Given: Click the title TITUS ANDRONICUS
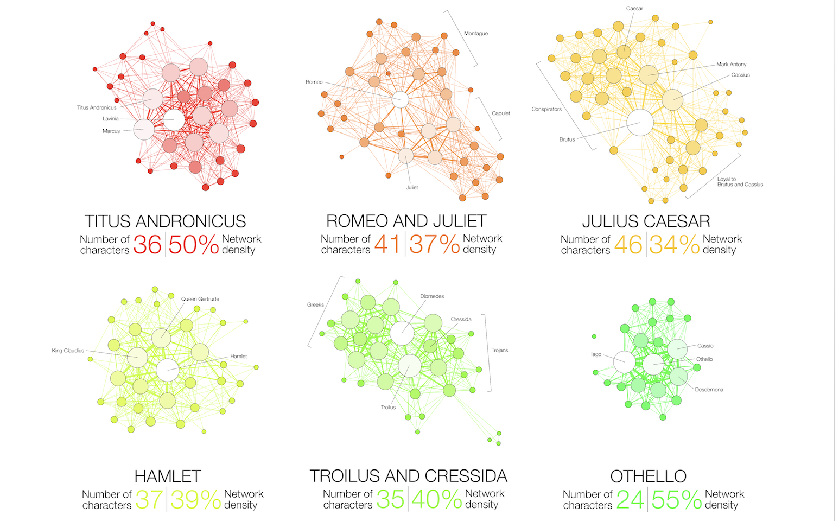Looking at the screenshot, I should [165, 221].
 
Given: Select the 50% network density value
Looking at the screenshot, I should [193, 245].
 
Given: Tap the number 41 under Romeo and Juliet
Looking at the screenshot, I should [387, 244].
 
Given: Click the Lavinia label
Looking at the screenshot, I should [111, 119].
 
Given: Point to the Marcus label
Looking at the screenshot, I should [111, 131].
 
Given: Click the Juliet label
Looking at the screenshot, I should [412, 188].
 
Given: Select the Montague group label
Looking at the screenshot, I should [476, 34].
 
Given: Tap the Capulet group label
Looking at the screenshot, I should [501, 113].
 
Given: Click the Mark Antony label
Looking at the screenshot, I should [731, 65].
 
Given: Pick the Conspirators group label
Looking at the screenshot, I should [546, 110].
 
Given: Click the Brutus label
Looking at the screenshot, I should [567, 140].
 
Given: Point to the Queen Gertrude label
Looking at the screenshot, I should [200, 299].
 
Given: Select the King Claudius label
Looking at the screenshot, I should [68, 351].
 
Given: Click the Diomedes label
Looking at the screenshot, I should [432, 296].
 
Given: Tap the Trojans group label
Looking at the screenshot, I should [500, 350].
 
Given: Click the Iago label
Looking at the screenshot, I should [596, 354].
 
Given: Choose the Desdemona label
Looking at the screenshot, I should [709, 390].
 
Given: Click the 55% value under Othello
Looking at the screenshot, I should [676, 500].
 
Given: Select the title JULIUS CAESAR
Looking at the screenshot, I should [646, 221].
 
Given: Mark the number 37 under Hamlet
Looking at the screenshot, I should [149, 500].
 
